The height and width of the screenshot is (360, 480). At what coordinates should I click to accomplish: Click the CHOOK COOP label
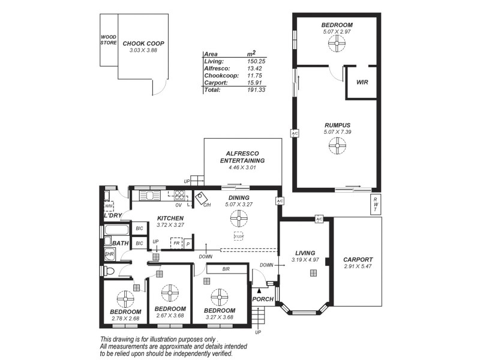tap(143, 44)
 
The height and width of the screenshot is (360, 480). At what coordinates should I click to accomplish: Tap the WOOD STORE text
tap(109, 40)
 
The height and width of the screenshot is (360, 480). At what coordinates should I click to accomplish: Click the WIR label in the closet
tap(362, 82)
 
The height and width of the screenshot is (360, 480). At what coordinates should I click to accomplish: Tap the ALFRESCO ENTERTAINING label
tap(242, 157)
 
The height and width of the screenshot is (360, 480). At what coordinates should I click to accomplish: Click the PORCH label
tap(263, 299)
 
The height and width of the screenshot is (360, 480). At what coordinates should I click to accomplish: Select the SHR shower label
tap(109, 255)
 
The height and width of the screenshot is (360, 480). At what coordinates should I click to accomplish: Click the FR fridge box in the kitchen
tap(177, 244)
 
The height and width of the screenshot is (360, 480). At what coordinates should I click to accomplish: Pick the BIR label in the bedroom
tap(226, 269)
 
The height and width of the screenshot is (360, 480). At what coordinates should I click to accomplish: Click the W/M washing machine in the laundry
tap(109, 206)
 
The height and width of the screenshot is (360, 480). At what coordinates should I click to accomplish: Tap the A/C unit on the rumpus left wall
tap(295, 133)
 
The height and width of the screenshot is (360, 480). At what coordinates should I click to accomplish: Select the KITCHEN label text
tap(170, 218)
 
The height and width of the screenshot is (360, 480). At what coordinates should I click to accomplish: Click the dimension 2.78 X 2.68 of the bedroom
tap(125, 318)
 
